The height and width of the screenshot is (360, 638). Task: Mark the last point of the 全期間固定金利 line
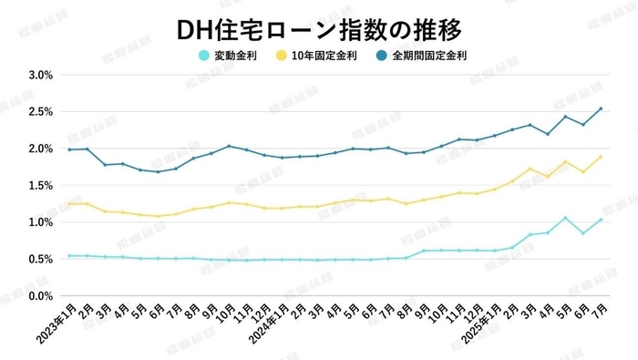[x=601, y=108]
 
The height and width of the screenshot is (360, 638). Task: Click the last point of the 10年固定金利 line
[x=601, y=157]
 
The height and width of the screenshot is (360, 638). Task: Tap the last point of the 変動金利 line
[x=601, y=220]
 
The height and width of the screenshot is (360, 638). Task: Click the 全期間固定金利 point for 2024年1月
[x=282, y=158]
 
